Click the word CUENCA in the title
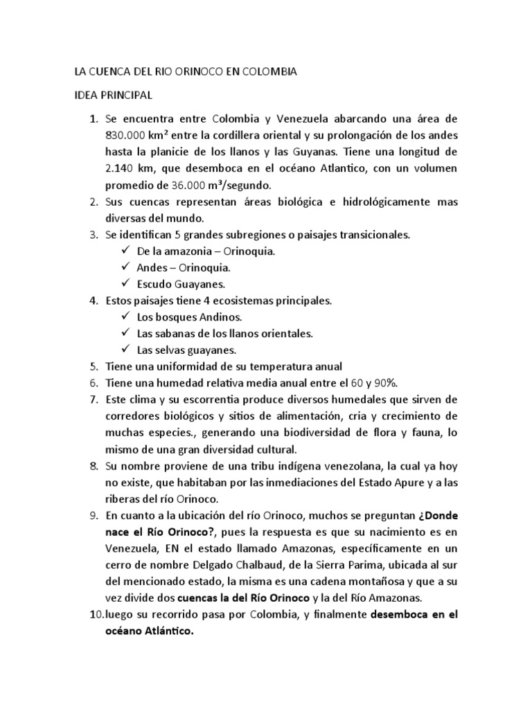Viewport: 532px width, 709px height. (112, 71)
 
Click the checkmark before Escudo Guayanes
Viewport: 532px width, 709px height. (125, 284)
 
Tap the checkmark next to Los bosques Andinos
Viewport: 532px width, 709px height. (125, 317)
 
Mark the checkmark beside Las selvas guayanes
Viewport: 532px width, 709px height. (125, 350)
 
